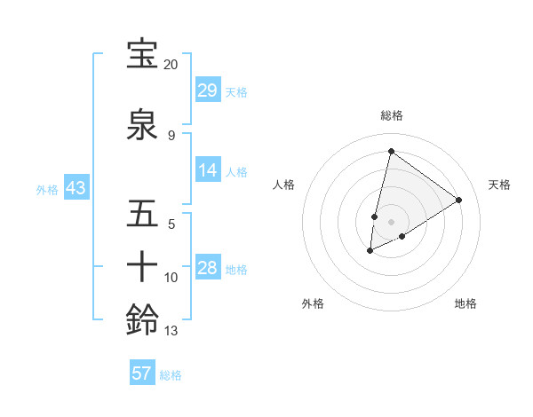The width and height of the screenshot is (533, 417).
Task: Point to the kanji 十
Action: tap(142, 266)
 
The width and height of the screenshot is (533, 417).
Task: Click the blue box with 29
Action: tap(208, 90)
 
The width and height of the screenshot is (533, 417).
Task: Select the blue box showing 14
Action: tap(208, 170)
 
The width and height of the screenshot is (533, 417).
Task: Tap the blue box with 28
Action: tap(208, 268)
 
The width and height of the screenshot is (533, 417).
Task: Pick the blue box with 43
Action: tap(76, 188)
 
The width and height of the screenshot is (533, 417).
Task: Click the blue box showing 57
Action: tap(142, 374)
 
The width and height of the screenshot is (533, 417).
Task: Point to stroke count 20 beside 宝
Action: tap(171, 65)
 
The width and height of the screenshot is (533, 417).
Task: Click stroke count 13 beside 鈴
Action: tap(171, 332)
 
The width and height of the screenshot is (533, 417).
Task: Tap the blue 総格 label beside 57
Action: tap(171, 375)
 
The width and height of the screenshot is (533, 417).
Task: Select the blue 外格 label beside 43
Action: tap(46, 189)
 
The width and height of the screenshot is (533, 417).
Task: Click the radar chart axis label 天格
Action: tap(499, 185)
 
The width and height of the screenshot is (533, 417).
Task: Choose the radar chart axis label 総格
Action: tap(391, 115)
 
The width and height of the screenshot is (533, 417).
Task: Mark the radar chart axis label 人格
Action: tap(283, 185)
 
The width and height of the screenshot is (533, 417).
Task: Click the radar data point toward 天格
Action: tap(459, 200)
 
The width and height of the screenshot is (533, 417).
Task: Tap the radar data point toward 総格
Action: tap(391, 151)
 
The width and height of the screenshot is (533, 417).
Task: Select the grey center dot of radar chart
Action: tap(391, 221)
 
